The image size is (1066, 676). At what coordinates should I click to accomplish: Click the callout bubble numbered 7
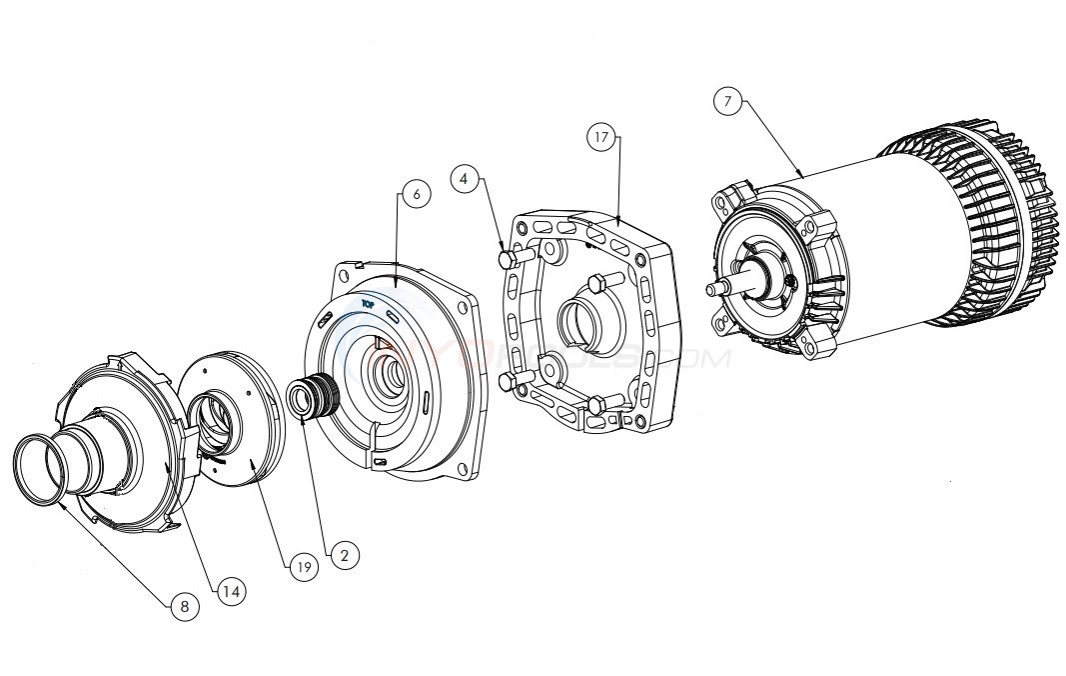click(x=728, y=102)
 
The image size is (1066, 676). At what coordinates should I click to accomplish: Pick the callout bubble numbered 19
click(x=304, y=567)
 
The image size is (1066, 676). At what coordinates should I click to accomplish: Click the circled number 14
click(x=231, y=591)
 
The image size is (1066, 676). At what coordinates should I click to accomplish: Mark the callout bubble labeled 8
click(x=185, y=606)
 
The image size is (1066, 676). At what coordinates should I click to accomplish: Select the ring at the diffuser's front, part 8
click(x=38, y=470)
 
